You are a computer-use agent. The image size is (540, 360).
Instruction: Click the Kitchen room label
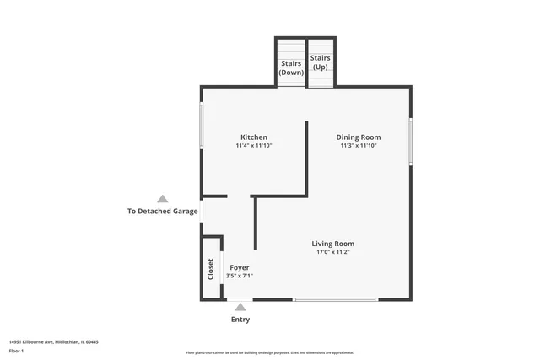tap(254, 137)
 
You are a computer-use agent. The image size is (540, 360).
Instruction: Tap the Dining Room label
tap(359, 137)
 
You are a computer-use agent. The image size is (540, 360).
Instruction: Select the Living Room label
tap(332, 244)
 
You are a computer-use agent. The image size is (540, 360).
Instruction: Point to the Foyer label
tap(240, 267)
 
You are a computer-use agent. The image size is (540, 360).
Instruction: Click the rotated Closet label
tap(210, 269)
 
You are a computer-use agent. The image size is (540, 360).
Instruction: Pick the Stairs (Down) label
tap(291, 67)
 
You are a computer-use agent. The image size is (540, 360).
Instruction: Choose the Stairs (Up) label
tap(321, 62)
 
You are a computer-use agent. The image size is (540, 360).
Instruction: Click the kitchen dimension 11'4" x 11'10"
tap(254, 146)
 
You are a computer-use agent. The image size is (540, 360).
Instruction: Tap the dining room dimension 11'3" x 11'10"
tap(359, 146)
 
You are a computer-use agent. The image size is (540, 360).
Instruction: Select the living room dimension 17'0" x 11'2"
tap(332, 252)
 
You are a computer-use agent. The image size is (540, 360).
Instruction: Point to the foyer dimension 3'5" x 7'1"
tap(240, 276)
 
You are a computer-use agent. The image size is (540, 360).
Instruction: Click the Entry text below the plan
tap(240, 320)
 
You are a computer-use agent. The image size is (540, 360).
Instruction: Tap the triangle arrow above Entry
tap(240, 308)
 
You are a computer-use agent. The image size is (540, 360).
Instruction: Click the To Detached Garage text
tap(162, 211)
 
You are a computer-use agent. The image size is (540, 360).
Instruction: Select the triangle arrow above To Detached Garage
tap(162, 198)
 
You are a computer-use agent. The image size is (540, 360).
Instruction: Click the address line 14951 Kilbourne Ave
tap(54, 341)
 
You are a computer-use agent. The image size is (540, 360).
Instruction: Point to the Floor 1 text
tap(17, 349)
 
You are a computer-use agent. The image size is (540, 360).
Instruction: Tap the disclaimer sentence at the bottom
tap(269, 352)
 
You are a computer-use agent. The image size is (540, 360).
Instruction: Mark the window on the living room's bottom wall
tap(335, 299)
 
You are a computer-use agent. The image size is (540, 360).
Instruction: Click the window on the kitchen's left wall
tap(201, 126)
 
